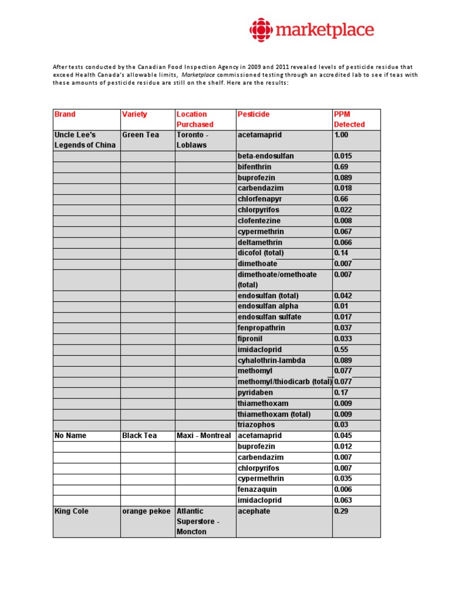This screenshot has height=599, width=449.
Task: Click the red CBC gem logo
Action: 261,30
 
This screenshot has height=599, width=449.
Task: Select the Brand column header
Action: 65,115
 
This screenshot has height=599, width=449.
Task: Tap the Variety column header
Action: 134,115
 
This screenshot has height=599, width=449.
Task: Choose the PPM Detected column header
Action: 349,119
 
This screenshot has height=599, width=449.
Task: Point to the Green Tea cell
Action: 140,135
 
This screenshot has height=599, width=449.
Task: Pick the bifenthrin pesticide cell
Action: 254,167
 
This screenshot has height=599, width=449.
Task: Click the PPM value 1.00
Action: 341,135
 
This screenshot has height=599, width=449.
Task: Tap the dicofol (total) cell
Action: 261,253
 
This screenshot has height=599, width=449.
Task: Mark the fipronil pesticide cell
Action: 251,339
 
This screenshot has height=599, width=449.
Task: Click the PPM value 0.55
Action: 341,349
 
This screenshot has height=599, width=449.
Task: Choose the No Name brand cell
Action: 70,436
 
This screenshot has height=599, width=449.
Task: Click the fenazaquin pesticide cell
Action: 257,490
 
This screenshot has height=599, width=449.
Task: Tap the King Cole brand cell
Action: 71,511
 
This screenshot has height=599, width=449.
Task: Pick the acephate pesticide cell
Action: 254,511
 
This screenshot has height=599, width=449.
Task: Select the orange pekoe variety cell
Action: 146,511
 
